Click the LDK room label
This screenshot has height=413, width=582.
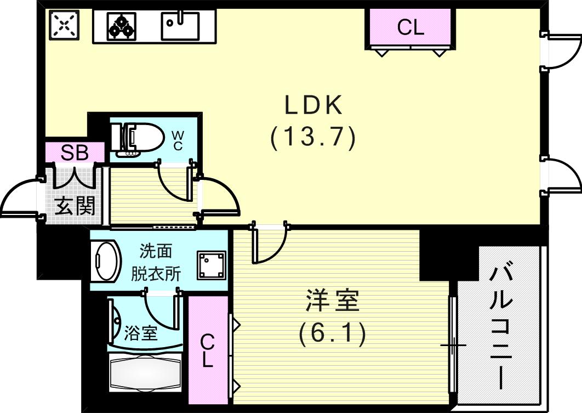(313, 105)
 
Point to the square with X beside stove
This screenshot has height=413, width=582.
(64, 26)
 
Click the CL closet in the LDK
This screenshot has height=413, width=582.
(410, 27)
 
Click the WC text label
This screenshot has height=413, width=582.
(178, 140)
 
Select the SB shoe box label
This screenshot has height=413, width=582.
(75, 153)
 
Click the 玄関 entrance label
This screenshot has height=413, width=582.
(76, 206)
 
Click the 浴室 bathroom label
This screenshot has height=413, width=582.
(141, 332)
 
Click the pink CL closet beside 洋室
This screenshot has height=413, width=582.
(208, 351)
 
